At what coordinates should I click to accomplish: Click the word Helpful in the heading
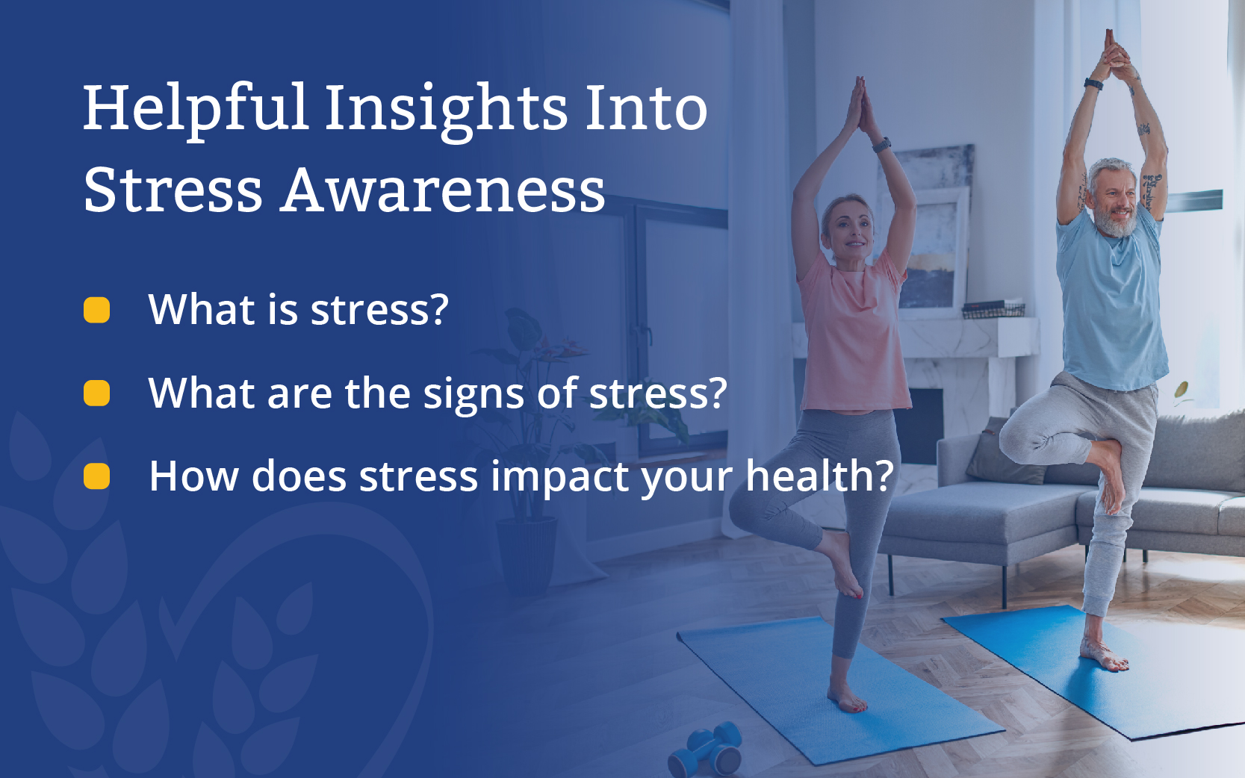tap(196, 110)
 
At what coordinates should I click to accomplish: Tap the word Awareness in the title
tap(442, 190)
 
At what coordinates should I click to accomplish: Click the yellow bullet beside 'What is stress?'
tap(96, 310)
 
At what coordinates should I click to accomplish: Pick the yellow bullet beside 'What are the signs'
tap(96, 393)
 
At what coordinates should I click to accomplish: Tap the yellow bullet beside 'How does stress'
tap(96, 476)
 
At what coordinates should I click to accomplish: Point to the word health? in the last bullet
tap(819, 476)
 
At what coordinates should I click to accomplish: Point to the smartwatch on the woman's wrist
tap(881, 145)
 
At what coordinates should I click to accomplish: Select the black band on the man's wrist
tap(1093, 84)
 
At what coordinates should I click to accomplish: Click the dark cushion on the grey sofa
tap(1007, 451)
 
